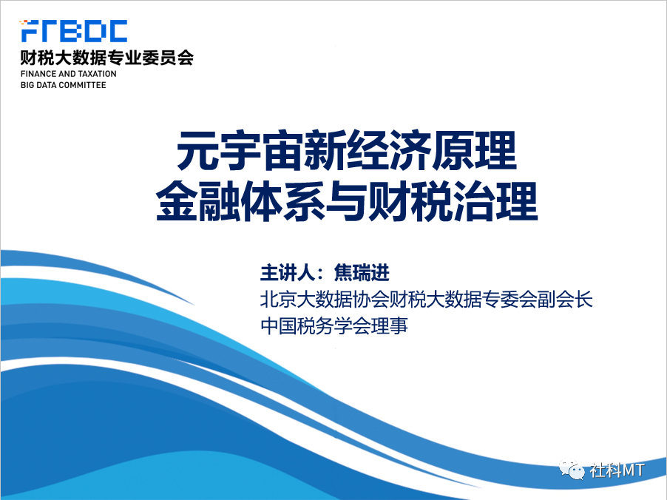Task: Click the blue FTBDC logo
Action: [x=74, y=30]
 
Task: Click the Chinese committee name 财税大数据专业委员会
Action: [x=106, y=58]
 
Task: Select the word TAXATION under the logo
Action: [x=98, y=74]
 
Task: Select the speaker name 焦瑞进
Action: [x=362, y=273]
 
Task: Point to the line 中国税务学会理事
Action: [x=334, y=325]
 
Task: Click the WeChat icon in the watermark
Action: [x=572, y=470]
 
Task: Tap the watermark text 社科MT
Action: [x=617, y=470]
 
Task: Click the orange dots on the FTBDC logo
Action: [x=24, y=21]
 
